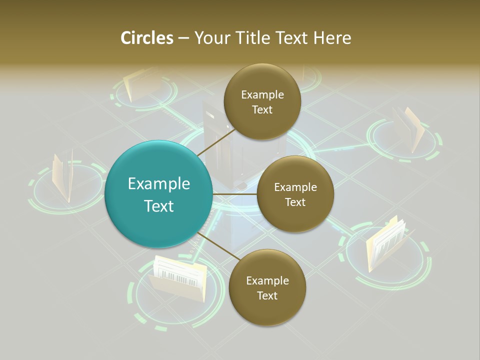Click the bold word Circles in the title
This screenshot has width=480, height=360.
point(146,38)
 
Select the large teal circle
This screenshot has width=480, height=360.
point(158,194)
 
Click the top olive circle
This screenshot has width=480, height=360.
point(262,102)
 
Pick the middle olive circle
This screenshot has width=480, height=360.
point(295,194)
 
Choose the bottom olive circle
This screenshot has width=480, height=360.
point(267,287)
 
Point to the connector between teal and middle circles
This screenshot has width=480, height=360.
point(234,194)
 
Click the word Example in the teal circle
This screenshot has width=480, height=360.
point(159,183)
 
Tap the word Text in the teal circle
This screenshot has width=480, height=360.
point(159,206)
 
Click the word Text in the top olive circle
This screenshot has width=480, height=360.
point(262,110)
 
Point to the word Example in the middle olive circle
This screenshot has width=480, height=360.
point(295,187)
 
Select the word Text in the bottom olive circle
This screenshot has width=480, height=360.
point(267,295)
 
